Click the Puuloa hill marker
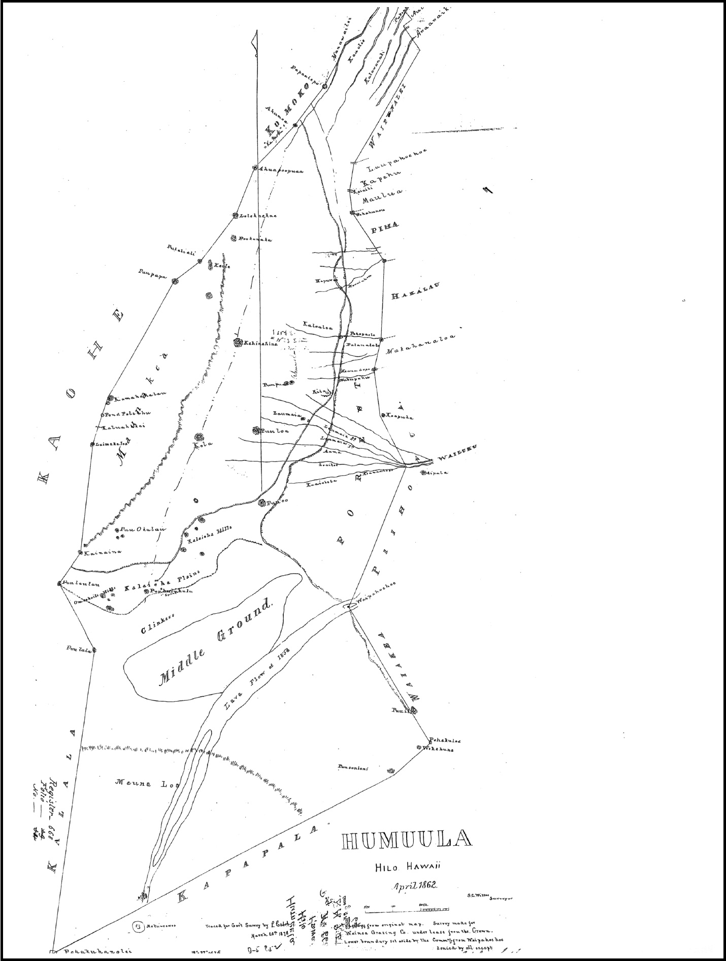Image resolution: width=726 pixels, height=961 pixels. (x=256, y=430)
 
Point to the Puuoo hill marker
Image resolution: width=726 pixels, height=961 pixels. (x=262, y=503)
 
